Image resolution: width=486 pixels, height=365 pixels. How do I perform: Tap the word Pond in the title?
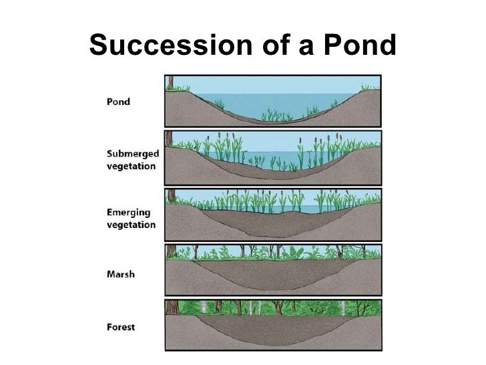tap(358, 45)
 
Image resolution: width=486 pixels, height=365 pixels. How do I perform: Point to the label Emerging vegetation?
tap(131, 218)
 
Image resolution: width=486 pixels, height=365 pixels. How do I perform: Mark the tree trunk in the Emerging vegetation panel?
tap(170, 197)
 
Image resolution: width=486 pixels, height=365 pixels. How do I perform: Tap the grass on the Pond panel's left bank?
tap(182, 88)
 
